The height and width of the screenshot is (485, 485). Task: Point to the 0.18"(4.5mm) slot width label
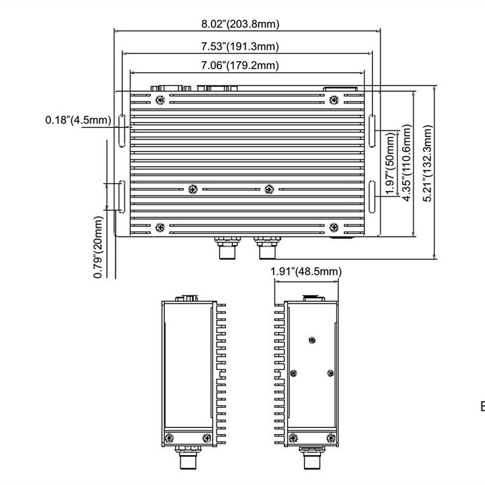tap(78, 120)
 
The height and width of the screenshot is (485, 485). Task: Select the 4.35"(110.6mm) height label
tap(407, 162)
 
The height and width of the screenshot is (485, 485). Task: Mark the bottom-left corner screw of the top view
tap(159, 227)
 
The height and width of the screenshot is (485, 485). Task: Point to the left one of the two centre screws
tap(193, 189)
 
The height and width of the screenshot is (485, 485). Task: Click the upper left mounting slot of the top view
tap(121, 130)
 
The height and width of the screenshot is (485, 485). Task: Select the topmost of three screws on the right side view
tap(312, 340)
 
